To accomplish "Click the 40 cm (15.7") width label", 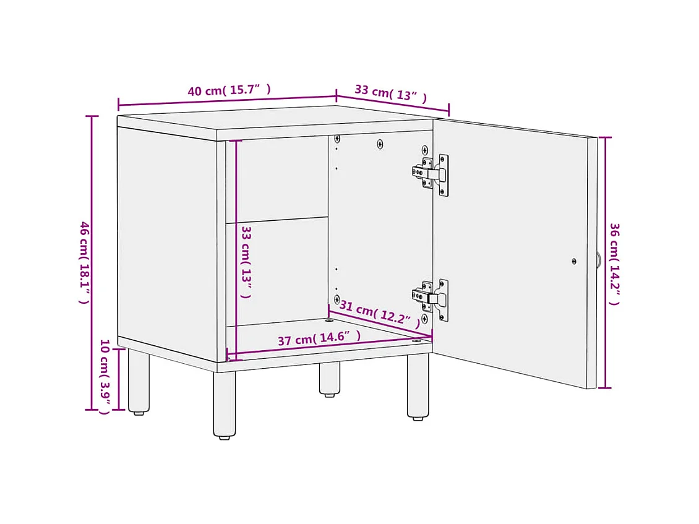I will click(229, 90).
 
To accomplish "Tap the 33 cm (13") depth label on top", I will click(390, 93).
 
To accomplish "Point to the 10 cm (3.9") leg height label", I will click(105, 377).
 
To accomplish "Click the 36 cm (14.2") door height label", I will click(614, 264).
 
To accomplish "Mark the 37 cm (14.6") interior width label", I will click(319, 338).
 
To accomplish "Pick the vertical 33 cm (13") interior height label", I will click(246, 261).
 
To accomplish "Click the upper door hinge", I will click(432, 174).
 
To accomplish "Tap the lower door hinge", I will click(432, 299).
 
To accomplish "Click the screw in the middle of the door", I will click(574, 262).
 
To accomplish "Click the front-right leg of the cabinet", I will click(418, 386).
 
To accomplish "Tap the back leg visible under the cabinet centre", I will click(329, 378).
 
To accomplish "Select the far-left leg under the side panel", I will click(138, 380).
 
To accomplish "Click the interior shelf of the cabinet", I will click(277, 220).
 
